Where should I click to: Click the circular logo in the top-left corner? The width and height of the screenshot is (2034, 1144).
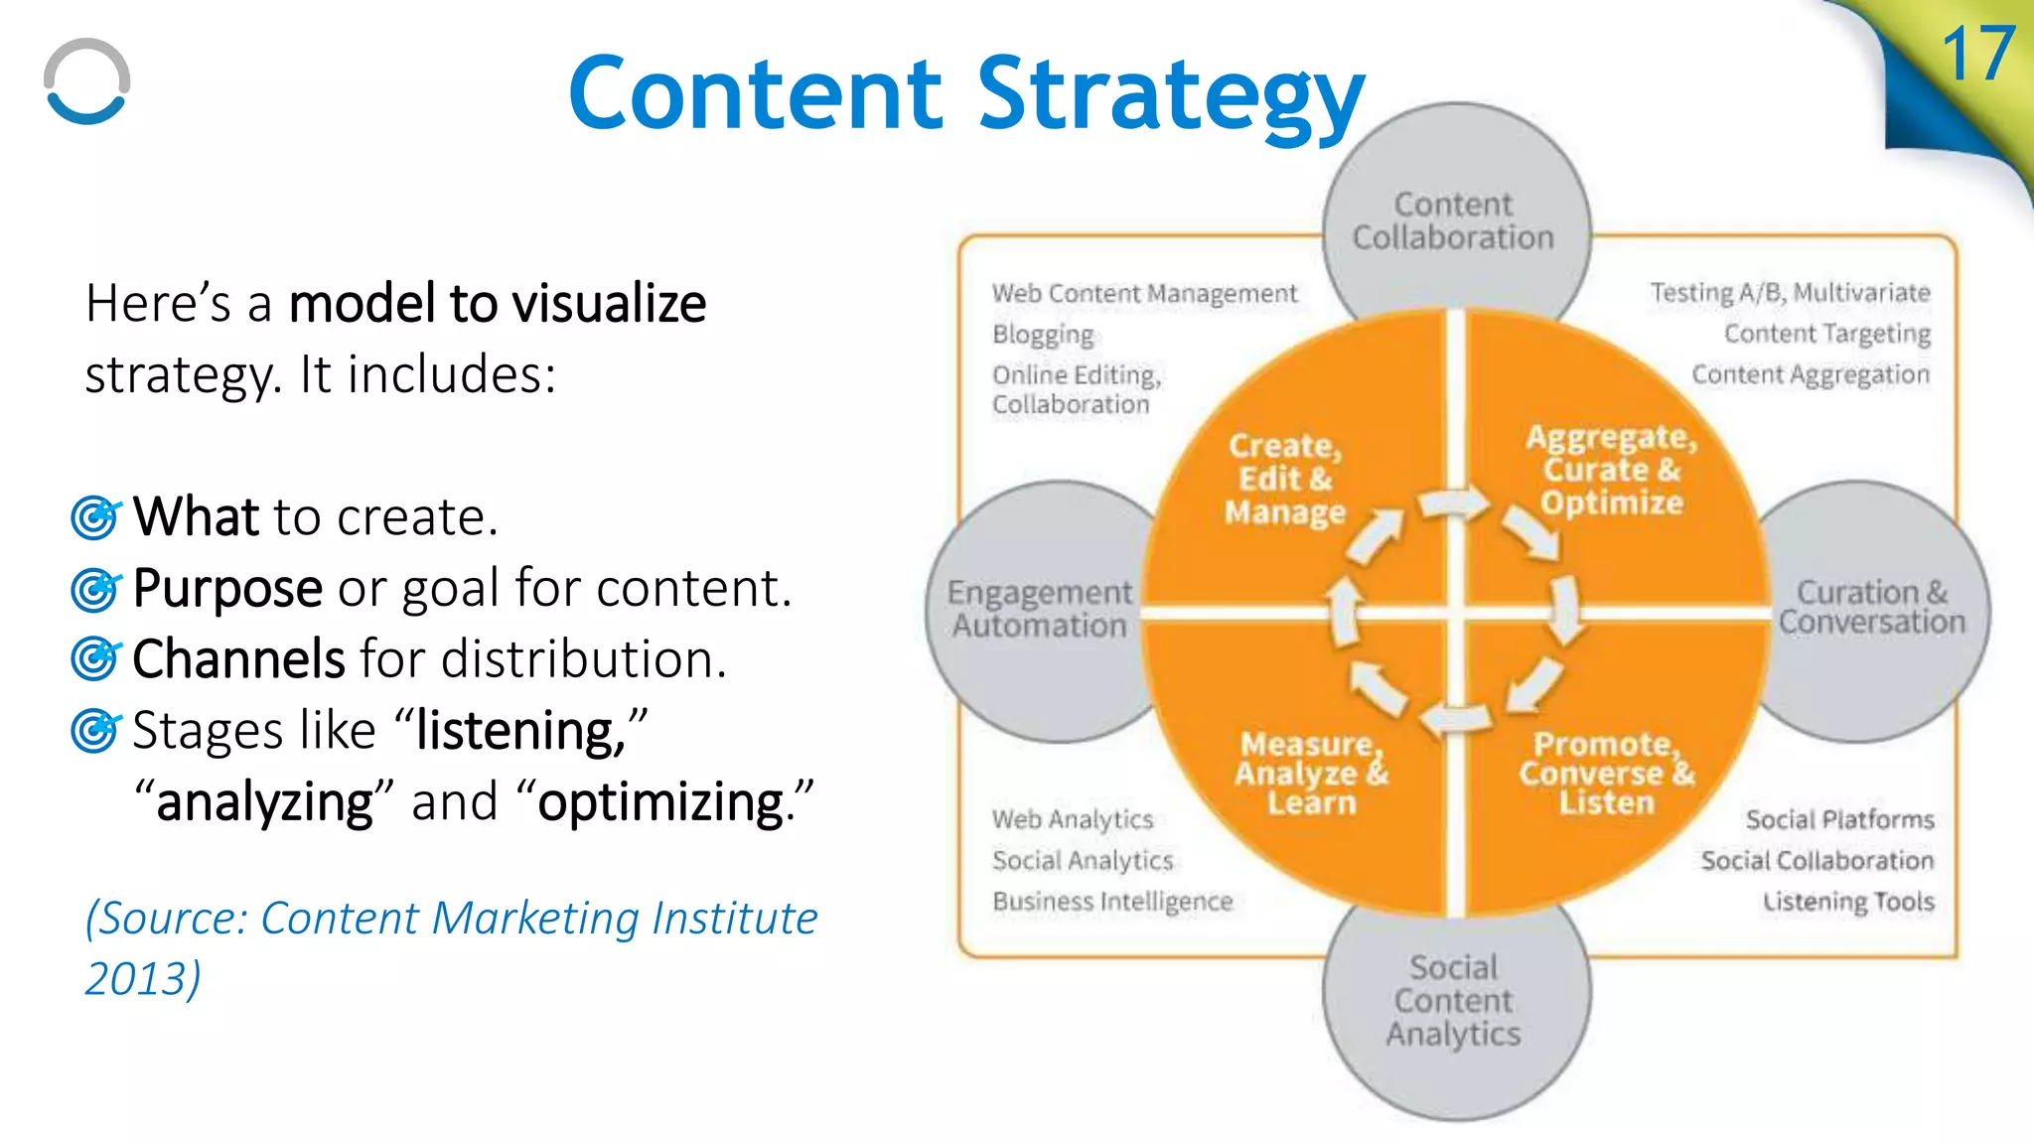(x=87, y=82)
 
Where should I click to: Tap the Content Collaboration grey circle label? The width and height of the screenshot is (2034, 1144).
(x=1453, y=220)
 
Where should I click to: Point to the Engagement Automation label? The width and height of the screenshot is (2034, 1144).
(x=1039, y=609)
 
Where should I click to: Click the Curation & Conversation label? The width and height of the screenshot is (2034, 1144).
(x=1871, y=607)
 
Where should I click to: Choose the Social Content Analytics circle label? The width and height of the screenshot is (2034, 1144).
(x=1454, y=1000)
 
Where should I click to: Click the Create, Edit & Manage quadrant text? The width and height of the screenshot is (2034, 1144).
(x=1285, y=479)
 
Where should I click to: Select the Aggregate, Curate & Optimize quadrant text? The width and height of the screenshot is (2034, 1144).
(x=1611, y=470)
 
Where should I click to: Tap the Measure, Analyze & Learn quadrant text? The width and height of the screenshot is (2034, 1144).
(x=1311, y=773)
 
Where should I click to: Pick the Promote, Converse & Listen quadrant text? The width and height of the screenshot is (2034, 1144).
(x=1605, y=773)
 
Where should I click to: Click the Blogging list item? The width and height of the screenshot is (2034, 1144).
(x=1043, y=334)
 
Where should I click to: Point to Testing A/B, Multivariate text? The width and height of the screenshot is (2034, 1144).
(x=1790, y=293)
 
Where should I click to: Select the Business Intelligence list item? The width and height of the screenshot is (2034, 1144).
(x=1112, y=901)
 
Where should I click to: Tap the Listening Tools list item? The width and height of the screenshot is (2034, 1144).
(x=1848, y=901)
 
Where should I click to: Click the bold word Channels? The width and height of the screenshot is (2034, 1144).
(x=238, y=659)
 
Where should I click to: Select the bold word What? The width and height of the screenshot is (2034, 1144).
(x=196, y=516)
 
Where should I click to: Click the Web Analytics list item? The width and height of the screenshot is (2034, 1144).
(x=1073, y=819)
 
